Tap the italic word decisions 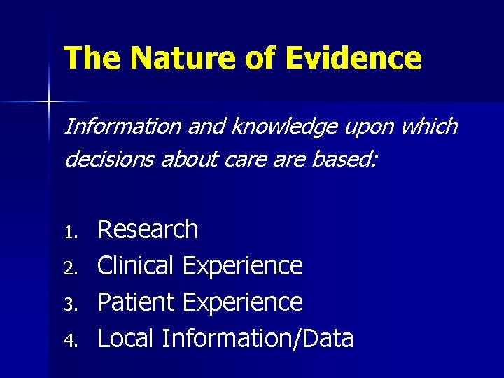106,160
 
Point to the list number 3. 69,304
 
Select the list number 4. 69,340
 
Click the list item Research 148,230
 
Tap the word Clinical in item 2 136,266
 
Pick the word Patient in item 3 136,302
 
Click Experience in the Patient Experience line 242,303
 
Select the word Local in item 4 126,339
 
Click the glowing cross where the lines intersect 48,102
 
